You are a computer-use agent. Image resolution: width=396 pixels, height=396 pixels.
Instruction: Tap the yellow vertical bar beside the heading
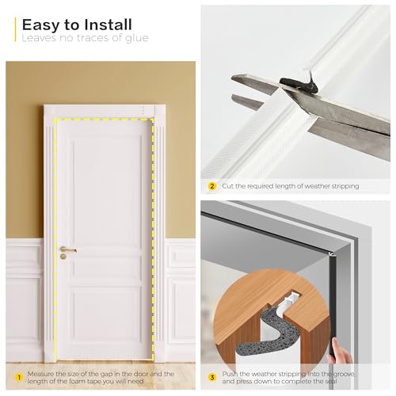[16, 29]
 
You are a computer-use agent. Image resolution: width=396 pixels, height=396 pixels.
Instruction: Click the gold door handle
[67, 250]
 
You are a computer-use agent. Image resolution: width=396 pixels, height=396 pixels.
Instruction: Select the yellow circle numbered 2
[211, 186]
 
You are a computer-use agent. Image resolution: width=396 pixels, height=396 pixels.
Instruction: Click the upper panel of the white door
[105, 190]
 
